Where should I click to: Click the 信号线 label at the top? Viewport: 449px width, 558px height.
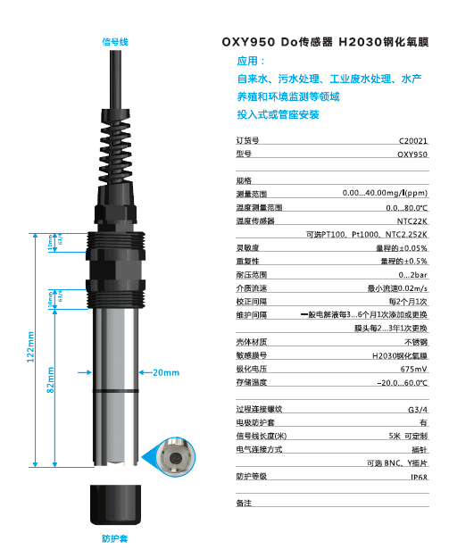click(115, 41)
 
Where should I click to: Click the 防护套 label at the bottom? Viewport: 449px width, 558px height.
click(115, 539)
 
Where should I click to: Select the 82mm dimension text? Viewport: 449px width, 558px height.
click(51, 379)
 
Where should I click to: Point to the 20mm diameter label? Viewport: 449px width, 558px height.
click(167, 371)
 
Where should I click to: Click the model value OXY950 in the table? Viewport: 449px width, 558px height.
click(412, 154)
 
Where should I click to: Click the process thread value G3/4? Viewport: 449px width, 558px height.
click(417, 409)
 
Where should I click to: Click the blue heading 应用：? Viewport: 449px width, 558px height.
click(251, 62)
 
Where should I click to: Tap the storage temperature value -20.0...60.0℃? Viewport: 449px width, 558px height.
click(402, 382)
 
